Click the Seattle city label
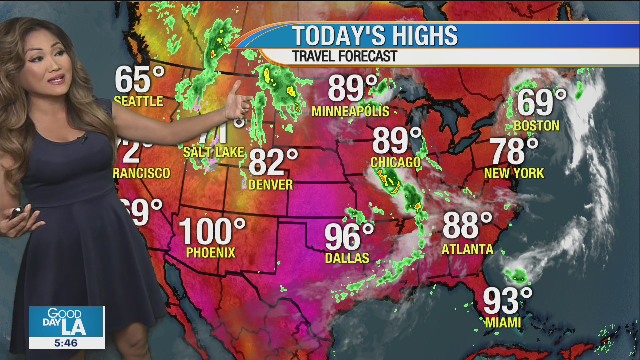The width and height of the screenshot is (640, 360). [x=138, y=101]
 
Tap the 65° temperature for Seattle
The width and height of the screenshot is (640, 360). [x=139, y=80]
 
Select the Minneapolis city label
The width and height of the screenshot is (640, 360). [x=350, y=111]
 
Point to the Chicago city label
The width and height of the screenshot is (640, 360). [x=395, y=162]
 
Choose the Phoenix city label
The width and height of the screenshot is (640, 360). [x=210, y=253]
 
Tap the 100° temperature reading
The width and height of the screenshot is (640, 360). [x=212, y=231]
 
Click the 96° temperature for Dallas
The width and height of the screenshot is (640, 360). [x=349, y=237]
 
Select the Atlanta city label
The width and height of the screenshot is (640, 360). [x=467, y=249]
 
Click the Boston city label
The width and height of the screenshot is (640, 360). [x=536, y=126]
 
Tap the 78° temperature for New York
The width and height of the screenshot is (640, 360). [x=513, y=151]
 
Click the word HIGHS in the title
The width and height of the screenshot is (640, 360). [x=410, y=36]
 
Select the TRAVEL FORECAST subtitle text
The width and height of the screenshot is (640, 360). [x=344, y=56]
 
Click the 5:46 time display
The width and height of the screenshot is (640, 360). [x=66, y=343]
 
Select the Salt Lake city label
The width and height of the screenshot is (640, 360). [x=213, y=152]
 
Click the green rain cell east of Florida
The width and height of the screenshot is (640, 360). [x=516, y=274]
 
